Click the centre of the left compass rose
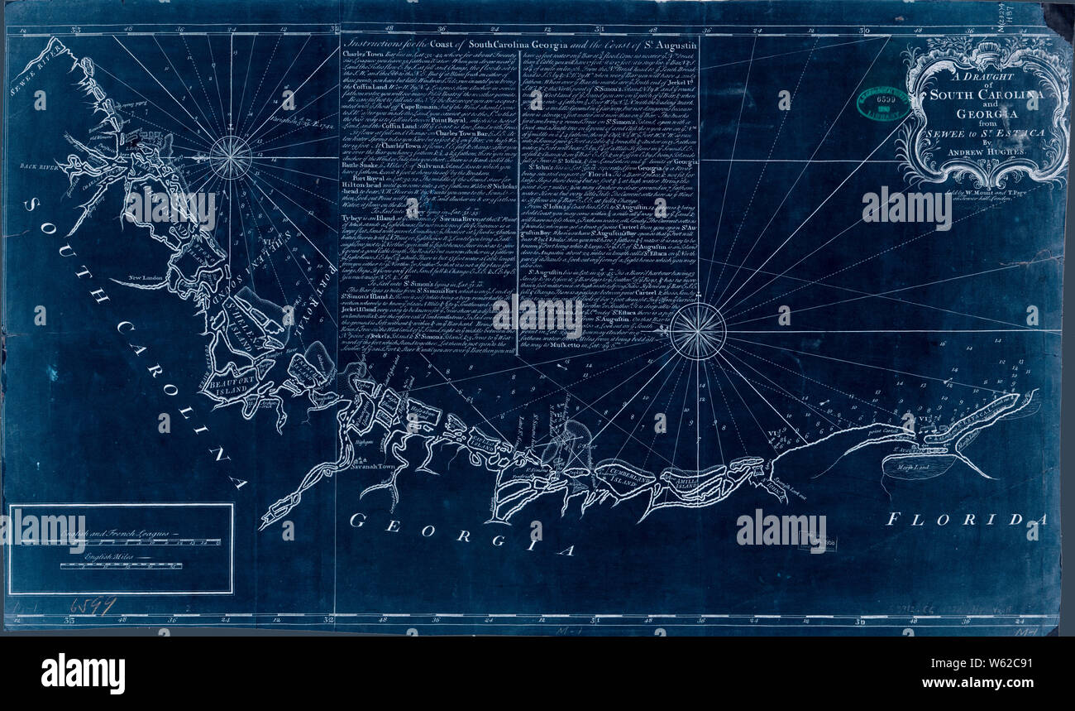pos(230,157)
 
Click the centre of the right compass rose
pos(697,332)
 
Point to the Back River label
pos(29,166)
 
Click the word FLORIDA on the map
pos(965,520)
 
